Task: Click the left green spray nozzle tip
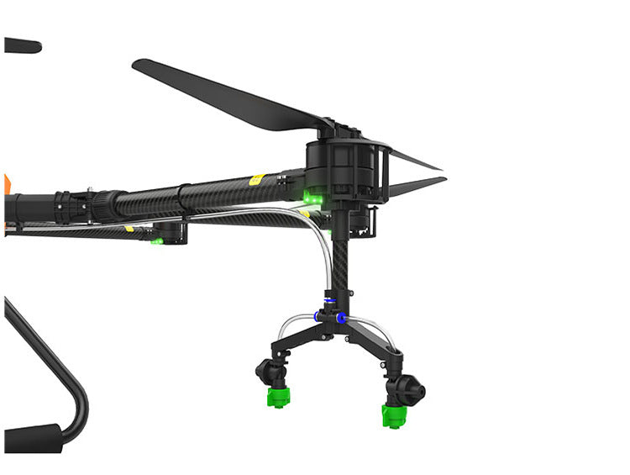pos(278,397)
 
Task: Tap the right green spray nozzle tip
pos(393,415)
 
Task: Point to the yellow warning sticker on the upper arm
pos(257,179)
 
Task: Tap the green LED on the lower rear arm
pos(156,241)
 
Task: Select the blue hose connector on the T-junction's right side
pos(342,318)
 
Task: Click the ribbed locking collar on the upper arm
pos(108,204)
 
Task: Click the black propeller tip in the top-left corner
pos(21,45)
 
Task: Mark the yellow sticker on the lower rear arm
pos(129,228)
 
